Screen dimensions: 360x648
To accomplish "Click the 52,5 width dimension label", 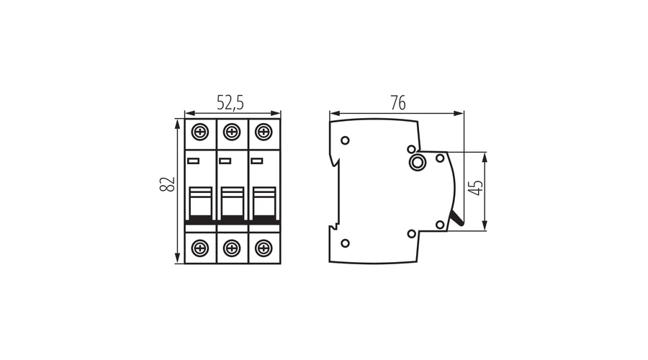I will [230, 103].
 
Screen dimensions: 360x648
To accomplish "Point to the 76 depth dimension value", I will [397, 103].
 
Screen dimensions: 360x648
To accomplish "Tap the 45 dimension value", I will [475, 191].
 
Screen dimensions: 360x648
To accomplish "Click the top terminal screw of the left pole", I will [199, 132].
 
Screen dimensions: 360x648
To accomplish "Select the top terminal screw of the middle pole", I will [231, 132].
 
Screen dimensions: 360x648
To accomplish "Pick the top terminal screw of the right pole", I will [264, 132].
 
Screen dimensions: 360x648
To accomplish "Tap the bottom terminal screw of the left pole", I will [199, 248].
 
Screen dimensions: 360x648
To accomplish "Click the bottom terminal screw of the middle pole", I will [231, 248].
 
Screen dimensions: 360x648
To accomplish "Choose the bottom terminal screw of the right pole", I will [264, 248].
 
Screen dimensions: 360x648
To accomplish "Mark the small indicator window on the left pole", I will [193, 160].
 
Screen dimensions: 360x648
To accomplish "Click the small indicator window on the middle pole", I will [225, 160].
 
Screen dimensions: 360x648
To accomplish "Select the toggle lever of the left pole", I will [199, 202].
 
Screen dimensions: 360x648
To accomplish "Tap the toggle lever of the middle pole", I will [231, 202].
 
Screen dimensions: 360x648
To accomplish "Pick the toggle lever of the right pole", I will [264, 202].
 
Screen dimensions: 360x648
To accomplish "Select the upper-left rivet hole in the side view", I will [345, 140].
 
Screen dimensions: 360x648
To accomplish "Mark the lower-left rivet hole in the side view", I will [345, 243].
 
